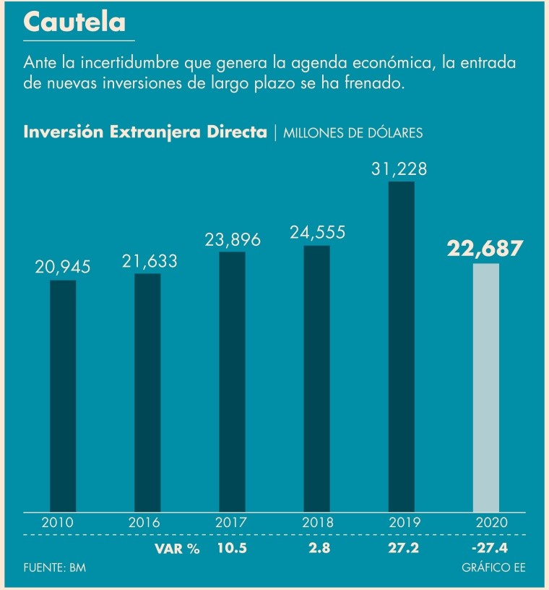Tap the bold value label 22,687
coord(484,249)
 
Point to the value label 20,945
coord(63,267)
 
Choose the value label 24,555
coord(317,233)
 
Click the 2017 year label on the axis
coord(232,522)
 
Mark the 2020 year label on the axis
coord(486,522)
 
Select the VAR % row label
coord(176,548)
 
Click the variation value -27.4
coord(485,548)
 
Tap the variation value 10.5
coord(232,548)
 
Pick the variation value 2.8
coord(317,548)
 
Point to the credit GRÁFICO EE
coord(493,568)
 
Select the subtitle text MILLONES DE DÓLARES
coord(353,133)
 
